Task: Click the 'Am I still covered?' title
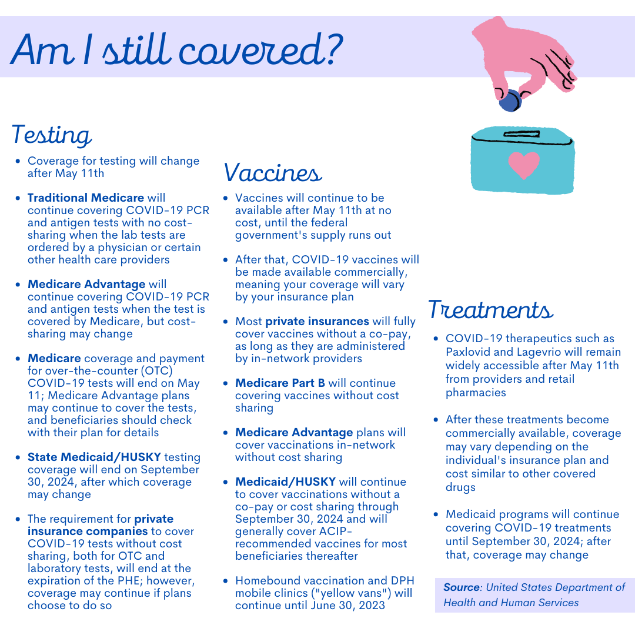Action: [x=177, y=49]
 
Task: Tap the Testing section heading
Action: [x=52, y=135]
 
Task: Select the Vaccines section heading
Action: [x=273, y=172]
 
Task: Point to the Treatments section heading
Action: [x=490, y=309]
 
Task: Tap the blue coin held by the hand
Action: [x=509, y=100]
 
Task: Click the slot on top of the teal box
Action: [x=522, y=134]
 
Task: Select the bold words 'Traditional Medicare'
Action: [x=86, y=198]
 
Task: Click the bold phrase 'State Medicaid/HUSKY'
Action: [x=94, y=457]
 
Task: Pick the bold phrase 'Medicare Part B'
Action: [x=280, y=383]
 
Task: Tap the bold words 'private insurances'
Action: [x=317, y=321]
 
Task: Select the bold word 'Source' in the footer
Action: [x=462, y=587]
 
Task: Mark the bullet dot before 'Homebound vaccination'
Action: [x=226, y=581]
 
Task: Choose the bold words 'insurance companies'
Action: [x=88, y=532]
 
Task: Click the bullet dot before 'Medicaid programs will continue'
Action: [x=436, y=514]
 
